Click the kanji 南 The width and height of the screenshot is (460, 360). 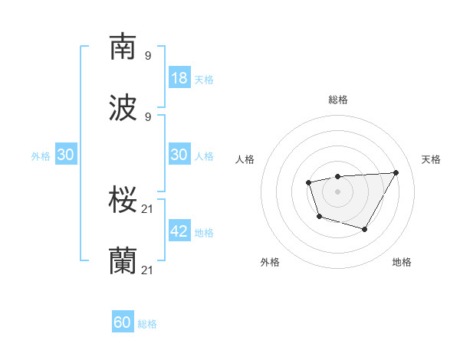pyautogui.click(x=123, y=47)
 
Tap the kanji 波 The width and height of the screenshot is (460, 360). pyautogui.click(x=123, y=108)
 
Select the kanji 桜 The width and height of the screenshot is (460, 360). pyautogui.click(x=123, y=200)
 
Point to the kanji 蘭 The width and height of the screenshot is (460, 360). pyautogui.click(x=123, y=261)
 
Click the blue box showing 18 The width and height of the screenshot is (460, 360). pyautogui.click(x=179, y=77)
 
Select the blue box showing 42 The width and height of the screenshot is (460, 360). pyautogui.click(x=179, y=231)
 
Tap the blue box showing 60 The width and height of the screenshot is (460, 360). pyautogui.click(x=123, y=322)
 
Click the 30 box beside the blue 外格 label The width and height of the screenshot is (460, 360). pyautogui.click(x=65, y=155)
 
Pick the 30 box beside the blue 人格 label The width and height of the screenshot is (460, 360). pyautogui.click(x=179, y=155)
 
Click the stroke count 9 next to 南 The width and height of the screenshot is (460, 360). pyautogui.click(x=148, y=56)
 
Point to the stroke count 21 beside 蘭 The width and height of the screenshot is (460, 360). pyautogui.click(x=148, y=270)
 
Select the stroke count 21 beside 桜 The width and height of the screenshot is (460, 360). pyautogui.click(x=148, y=209)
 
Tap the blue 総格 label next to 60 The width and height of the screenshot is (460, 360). pyautogui.click(x=147, y=324)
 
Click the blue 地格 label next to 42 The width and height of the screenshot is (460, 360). pyautogui.click(x=204, y=232)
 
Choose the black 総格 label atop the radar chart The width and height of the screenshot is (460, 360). pyautogui.click(x=337, y=100)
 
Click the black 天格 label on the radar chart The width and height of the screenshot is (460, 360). pyautogui.click(x=431, y=159)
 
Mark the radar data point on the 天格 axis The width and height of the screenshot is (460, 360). pyautogui.click(x=396, y=172)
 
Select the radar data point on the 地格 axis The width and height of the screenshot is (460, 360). pyautogui.click(x=365, y=229)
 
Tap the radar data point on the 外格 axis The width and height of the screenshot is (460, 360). pyautogui.click(x=319, y=217)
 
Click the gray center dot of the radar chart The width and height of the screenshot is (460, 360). pyautogui.click(x=337, y=191)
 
